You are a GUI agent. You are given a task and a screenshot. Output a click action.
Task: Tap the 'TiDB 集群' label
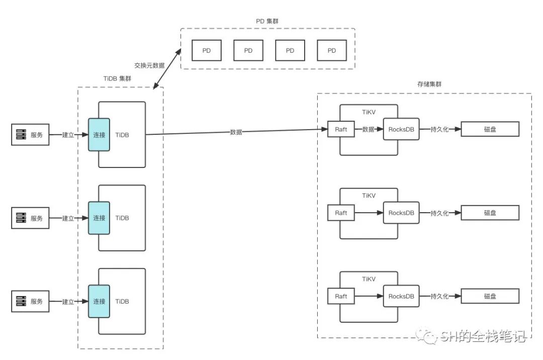pyautogui.click(x=120, y=79)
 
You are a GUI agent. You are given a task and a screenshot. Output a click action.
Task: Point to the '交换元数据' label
pyautogui.click(x=149, y=65)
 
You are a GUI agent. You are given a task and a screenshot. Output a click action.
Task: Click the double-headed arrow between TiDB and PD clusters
pyautogui.click(x=166, y=69)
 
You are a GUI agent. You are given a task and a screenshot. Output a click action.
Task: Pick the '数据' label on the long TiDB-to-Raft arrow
pyautogui.click(x=236, y=132)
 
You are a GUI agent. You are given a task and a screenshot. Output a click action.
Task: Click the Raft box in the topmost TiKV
pyautogui.click(x=341, y=129)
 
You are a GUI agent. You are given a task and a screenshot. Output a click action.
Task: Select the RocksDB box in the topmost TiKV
pyautogui.click(x=401, y=129)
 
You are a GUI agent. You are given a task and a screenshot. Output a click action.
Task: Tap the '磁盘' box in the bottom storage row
pyautogui.click(x=490, y=296)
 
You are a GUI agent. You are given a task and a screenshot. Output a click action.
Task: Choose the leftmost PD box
pyautogui.click(x=207, y=51)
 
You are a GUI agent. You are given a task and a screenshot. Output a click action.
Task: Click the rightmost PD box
pyautogui.click(x=332, y=51)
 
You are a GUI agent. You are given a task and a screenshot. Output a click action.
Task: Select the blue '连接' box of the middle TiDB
pyautogui.click(x=99, y=218)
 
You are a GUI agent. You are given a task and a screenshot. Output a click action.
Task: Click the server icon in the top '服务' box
pyautogui.click(x=21, y=135)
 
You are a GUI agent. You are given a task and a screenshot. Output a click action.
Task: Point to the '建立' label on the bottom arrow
pyautogui.click(x=68, y=302)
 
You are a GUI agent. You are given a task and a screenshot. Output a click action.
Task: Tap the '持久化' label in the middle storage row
pyautogui.click(x=439, y=213)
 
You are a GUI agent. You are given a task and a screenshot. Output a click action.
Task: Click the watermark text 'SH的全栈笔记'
pyautogui.click(x=483, y=337)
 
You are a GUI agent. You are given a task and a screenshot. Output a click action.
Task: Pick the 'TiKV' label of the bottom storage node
pyautogui.click(x=369, y=278)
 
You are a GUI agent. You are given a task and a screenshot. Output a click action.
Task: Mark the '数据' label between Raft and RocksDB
pyautogui.click(x=368, y=129)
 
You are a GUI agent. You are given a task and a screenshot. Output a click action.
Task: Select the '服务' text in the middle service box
pyautogui.click(x=37, y=218)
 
